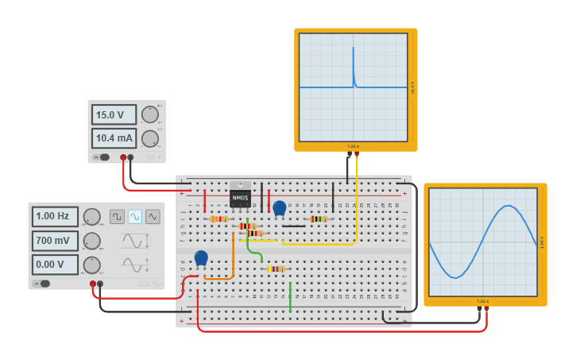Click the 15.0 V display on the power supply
tap(114, 114)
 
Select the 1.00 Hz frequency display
tap(55, 216)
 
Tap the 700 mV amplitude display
tap(55, 241)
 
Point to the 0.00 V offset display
tap(55, 265)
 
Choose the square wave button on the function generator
tap(117, 216)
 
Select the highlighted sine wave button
tap(135, 216)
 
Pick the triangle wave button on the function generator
tap(153, 216)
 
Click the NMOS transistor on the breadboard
tap(240, 196)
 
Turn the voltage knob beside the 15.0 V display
tap(149, 114)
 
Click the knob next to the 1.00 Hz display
tap(92, 217)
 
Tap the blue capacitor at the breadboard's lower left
tap(201, 257)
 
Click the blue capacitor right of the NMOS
tap(279, 208)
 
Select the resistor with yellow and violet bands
tap(276, 269)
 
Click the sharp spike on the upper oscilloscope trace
tap(354, 60)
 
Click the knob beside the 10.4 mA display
tap(149, 139)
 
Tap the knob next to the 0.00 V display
tap(92, 265)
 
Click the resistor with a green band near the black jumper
tap(319, 219)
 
